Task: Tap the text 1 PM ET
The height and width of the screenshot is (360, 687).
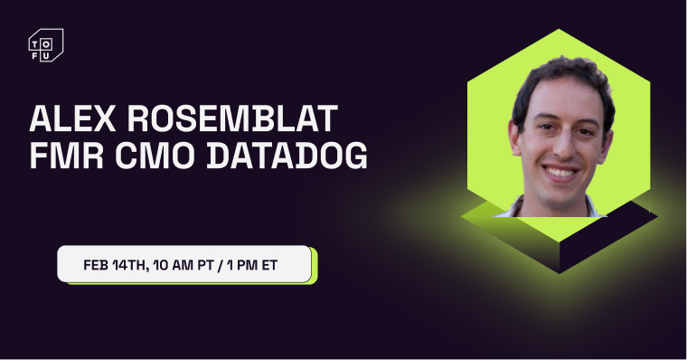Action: [x=259, y=264]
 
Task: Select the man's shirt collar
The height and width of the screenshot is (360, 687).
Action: [x=520, y=206]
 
